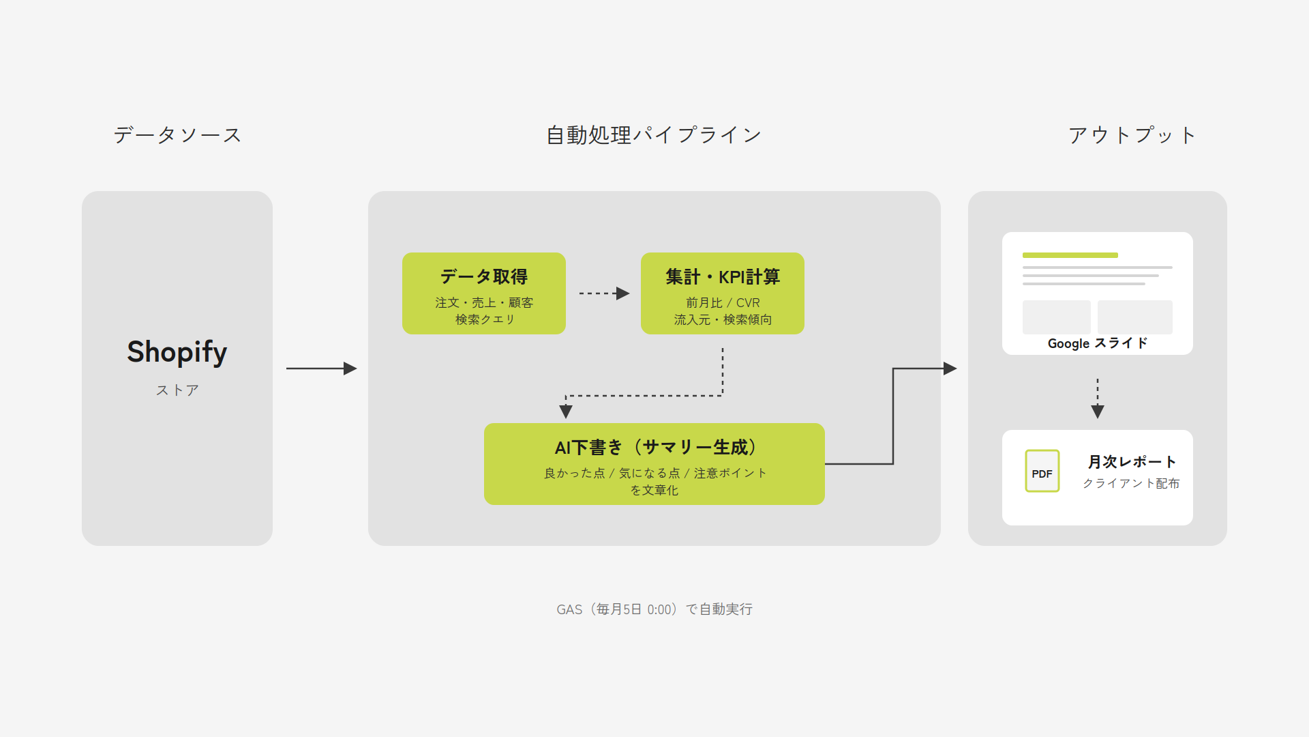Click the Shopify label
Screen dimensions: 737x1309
177,352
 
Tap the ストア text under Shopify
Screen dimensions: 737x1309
177,390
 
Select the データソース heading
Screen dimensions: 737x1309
177,135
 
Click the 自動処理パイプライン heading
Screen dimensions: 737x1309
654,135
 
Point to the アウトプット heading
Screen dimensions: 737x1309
1132,135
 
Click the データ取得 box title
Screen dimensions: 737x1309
484,276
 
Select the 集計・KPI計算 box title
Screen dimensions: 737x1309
723,276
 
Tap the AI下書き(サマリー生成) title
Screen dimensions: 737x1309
654,448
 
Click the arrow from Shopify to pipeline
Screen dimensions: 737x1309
321,369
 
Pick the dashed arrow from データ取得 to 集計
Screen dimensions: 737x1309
604,293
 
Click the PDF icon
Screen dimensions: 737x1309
1042,471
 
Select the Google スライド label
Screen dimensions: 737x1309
1098,343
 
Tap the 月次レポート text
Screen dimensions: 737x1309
1132,462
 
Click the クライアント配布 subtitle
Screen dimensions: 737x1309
1131,483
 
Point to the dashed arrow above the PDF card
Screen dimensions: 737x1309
1098,399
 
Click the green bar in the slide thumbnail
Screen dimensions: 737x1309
1070,255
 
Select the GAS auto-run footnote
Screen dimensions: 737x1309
654,609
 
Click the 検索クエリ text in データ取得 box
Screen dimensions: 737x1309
485,319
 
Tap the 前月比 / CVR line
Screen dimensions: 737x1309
723,302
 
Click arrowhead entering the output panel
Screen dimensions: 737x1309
950,369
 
